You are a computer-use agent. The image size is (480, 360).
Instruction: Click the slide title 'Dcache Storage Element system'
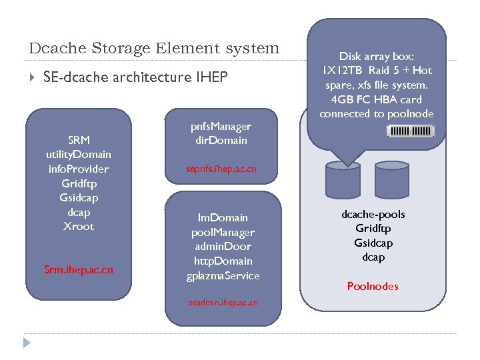point(154,49)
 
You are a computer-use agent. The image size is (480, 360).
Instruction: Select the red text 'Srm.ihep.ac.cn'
point(79,269)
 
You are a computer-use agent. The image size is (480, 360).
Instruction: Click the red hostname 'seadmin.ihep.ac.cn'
point(223,303)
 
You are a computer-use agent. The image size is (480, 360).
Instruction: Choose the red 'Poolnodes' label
point(373,286)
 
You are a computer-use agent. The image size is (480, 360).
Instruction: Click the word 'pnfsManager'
point(221,126)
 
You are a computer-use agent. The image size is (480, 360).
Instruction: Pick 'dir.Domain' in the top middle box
point(221,140)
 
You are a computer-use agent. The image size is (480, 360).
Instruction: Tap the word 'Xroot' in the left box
point(79,226)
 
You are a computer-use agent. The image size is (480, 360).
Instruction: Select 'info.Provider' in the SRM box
point(79,169)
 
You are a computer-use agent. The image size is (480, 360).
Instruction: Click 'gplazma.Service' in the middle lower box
point(223,275)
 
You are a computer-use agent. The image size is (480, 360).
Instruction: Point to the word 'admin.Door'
point(223,247)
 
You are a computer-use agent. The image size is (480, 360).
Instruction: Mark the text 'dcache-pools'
point(373,214)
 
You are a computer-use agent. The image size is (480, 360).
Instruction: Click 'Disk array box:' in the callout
point(377,57)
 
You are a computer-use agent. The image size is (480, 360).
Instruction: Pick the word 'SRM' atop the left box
point(79,140)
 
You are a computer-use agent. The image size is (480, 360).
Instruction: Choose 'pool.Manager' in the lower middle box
point(223,232)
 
